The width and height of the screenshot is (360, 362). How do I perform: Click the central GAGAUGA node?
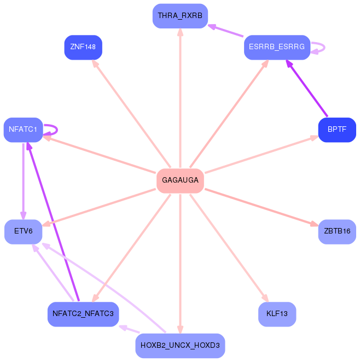[180, 180]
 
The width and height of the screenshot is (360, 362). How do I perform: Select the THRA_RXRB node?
[180, 16]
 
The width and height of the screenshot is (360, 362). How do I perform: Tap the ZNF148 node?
[83, 47]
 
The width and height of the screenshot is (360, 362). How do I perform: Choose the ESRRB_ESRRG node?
[277, 47]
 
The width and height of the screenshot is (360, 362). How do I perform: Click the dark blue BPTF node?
[337, 130]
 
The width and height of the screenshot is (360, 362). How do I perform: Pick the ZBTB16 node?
[337, 231]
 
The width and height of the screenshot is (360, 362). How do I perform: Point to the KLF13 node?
[277, 314]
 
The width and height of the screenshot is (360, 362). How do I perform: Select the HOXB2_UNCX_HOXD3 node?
[180, 346]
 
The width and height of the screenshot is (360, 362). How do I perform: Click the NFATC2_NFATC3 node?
[83, 314]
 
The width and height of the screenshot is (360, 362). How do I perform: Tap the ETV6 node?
[24, 231]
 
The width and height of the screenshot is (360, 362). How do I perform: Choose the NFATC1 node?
[23, 130]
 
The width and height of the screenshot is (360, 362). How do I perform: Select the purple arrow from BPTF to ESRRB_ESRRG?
[307, 89]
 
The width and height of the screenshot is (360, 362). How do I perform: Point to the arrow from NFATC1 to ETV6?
[23, 180]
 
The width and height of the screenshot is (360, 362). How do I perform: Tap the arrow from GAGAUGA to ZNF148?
[133, 116]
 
